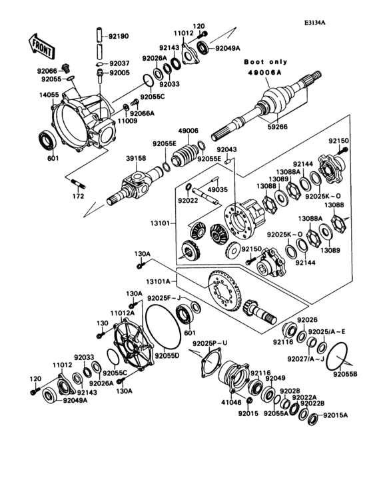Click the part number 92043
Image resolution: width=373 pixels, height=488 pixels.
click(226, 149)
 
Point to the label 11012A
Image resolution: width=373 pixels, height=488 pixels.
click(123, 312)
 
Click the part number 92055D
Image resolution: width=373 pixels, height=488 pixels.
click(168, 356)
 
